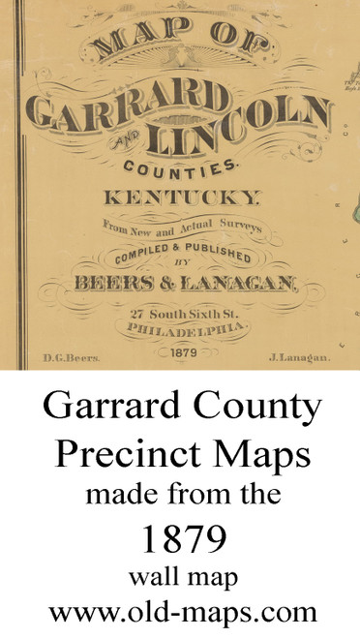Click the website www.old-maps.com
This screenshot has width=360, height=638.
pyautogui.click(x=180, y=611)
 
